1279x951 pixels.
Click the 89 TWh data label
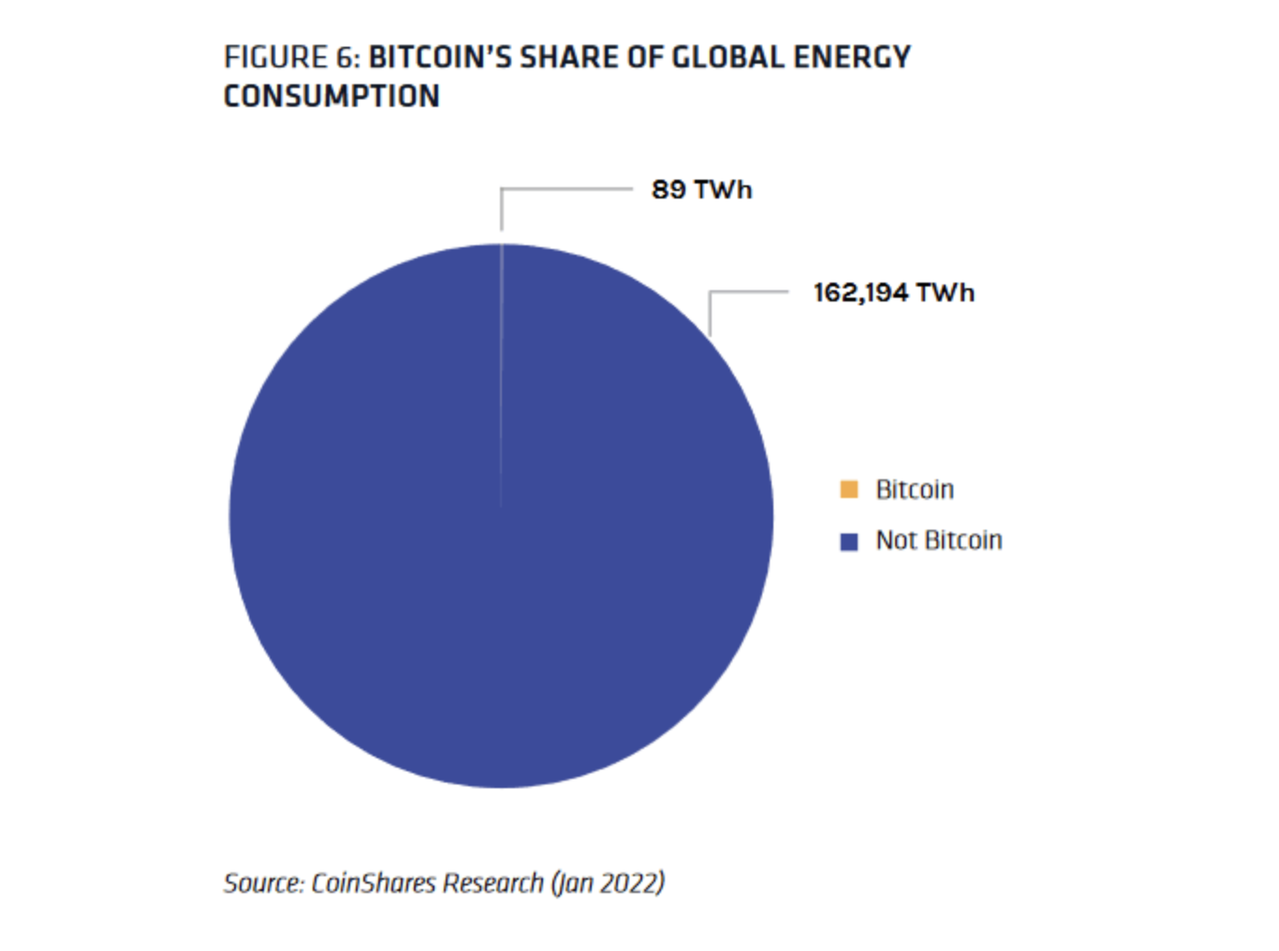pos(701,190)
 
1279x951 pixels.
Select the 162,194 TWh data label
pos(893,293)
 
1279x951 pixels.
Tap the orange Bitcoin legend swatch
pos(849,490)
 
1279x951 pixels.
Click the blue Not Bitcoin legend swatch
pos(849,541)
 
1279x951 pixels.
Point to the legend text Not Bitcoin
pos(938,540)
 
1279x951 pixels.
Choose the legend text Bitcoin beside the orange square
pos(914,490)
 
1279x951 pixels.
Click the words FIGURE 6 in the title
pos(290,58)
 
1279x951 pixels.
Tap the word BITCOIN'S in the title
pos(439,58)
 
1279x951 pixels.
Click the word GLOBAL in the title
pos(727,58)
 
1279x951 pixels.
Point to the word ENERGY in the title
pos(851,58)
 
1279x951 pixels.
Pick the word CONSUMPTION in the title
pos(331,96)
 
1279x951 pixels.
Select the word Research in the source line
pos(492,883)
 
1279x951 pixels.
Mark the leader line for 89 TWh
pos(566,189)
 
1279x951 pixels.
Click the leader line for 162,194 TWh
pos(749,292)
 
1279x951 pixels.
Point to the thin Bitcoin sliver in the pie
pos(501,374)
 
